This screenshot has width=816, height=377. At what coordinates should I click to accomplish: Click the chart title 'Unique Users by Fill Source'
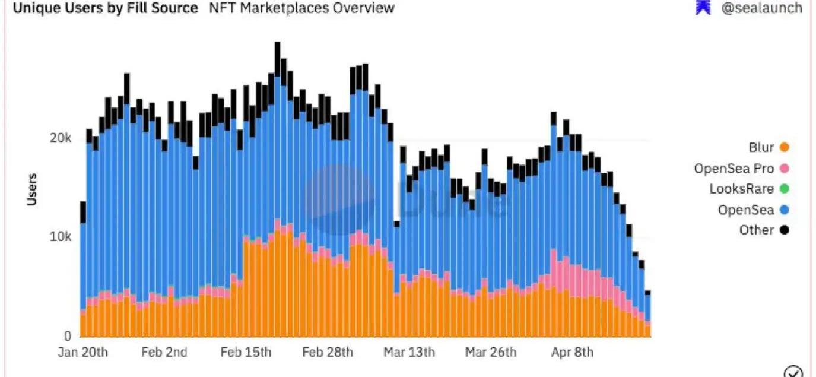click(x=106, y=8)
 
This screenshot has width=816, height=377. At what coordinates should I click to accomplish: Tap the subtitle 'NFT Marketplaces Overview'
click(x=301, y=8)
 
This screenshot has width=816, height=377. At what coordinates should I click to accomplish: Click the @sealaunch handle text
click(x=761, y=8)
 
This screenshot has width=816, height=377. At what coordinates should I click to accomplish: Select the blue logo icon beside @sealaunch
click(x=703, y=8)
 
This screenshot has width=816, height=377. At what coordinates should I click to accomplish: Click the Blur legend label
click(x=761, y=148)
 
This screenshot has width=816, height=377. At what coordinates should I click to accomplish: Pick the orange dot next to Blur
click(x=785, y=148)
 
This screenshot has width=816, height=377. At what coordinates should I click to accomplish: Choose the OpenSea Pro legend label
click(x=734, y=169)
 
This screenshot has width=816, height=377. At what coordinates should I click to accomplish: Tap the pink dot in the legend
click(x=785, y=169)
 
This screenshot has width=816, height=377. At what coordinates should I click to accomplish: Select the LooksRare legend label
click(x=742, y=189)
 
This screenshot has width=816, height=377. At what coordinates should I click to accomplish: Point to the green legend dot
click(x=785, y=189)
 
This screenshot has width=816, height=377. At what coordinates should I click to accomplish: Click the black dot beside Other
click(x=785, y=230)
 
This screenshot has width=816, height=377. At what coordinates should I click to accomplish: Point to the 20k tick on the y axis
click(x=61, y=138)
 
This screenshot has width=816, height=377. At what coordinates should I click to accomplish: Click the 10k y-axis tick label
click(x=61, y=237)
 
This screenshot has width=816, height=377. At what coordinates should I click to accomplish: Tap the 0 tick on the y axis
click(x=68, y=335)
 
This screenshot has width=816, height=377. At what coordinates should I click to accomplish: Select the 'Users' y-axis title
click(x=32, y=189)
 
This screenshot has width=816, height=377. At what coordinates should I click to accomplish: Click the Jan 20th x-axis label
click(x=83, y=352)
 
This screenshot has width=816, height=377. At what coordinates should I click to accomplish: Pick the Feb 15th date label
click(x=246, y=352)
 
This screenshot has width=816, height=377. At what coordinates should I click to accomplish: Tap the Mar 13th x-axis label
click(x=409, y=352)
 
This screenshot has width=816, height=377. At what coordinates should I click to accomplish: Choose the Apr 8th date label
click(x=572, y=352)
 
